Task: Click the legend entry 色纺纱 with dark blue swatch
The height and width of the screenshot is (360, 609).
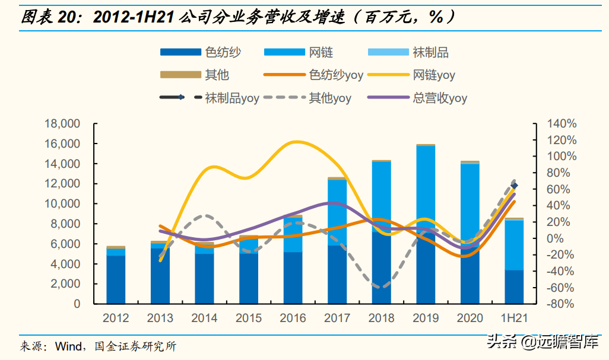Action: [x=201, y=52]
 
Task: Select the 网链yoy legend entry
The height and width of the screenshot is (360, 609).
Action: [x=411, y=75]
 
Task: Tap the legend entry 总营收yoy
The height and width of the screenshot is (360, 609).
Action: [x=417, y=97]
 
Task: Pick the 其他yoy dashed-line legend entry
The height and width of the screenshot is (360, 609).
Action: [x=307, y=97]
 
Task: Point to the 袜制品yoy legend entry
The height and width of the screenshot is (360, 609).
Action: [x=210, y=97]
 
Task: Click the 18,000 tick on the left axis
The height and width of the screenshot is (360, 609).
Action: [x=62, y=124]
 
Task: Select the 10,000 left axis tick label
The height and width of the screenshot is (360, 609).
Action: [x=62, y=203]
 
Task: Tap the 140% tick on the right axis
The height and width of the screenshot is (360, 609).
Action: [x=562, y=124]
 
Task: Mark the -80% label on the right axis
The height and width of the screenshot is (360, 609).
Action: [x=560, y=304]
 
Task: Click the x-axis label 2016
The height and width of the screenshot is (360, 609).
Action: [x=293, y=318]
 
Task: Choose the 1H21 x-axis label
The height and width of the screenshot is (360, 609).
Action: [x=514, y=318]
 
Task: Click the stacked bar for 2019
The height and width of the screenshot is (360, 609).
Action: [x=426, y=224]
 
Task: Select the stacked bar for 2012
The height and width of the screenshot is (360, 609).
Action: [x=116, y=275]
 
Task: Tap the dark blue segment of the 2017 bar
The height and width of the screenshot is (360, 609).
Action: [x=337, y=275]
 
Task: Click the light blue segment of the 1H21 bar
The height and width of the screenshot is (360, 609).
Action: [x=514, y=245]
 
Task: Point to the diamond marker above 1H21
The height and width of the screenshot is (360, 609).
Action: [x=515, y=186]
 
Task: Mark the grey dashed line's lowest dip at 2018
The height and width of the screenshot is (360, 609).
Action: [x=381, y=287]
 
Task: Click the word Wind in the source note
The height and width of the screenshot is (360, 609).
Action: [x=68, y=346]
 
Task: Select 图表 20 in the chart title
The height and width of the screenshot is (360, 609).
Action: [x=49, y=17]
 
